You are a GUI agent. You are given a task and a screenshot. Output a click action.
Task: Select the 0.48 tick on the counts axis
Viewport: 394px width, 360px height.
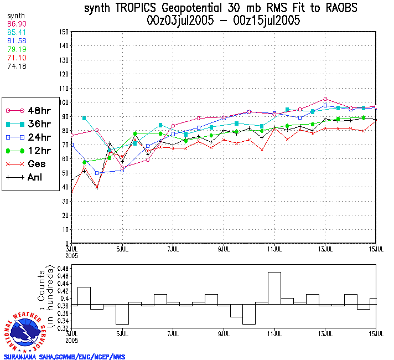(x=62, y=268)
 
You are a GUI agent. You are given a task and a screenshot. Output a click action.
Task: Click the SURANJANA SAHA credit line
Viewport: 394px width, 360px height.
(x=65, y=357)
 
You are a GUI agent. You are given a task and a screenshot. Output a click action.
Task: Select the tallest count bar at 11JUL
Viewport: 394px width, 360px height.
(x=274, y=288)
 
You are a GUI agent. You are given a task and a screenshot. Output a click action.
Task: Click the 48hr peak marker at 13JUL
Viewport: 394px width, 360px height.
(x=325, y=99)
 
